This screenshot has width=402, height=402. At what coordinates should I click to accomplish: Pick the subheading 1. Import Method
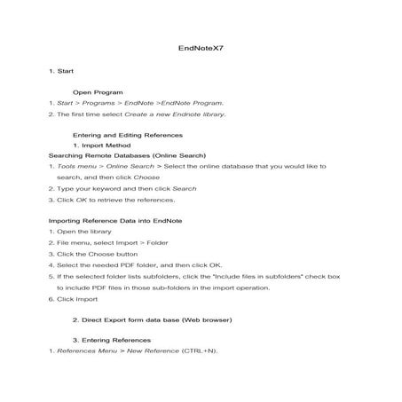pos(101,145)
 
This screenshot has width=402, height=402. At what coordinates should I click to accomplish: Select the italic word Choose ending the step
pos(147,177)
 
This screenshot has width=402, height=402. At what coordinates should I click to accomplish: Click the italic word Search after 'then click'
pos(185,187)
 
